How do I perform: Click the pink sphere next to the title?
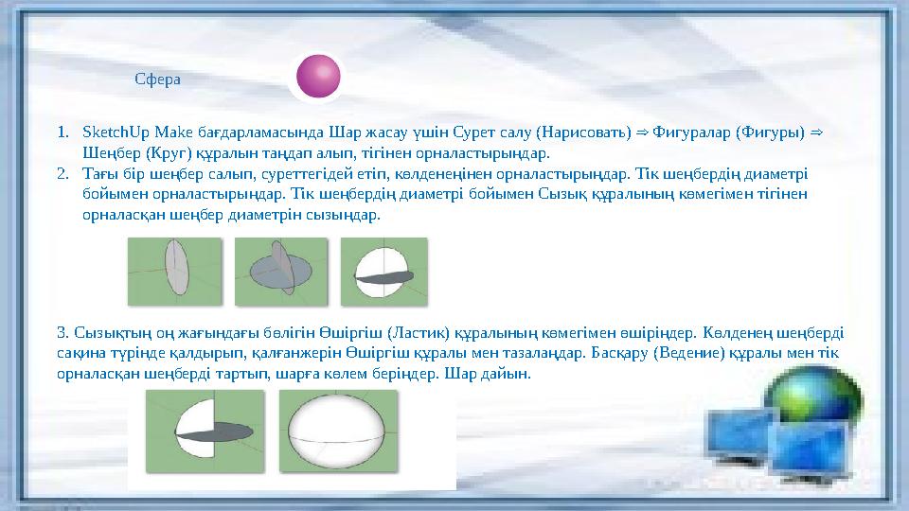click(317, 77)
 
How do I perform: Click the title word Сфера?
click(158, 79)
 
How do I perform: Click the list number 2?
click(61, 173)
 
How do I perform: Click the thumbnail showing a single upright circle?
click(174, 272)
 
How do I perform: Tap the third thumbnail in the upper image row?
click(384, 272)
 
